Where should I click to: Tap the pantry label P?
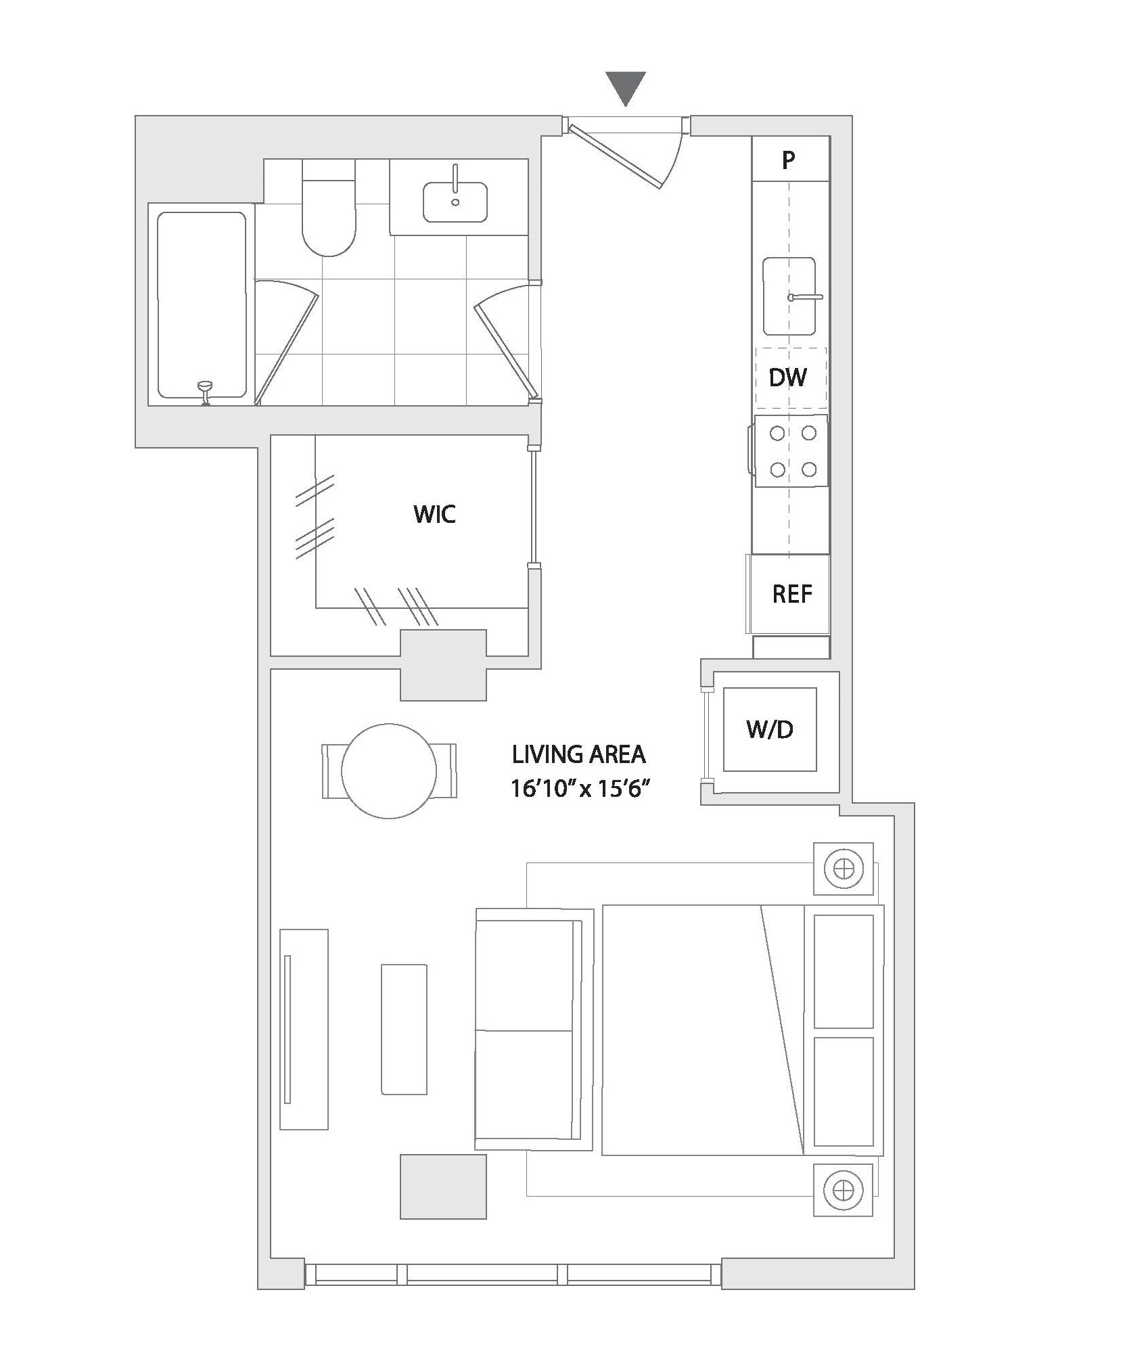pyautogui.click(x=788, y=160)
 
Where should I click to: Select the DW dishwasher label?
pyautogui.click(x=788, y=377)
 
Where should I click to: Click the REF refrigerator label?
pyautogui.click(x=792, y=594)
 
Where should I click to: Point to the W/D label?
pyautogui.click(x=770, y=729)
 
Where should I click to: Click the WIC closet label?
pyautogui.click(x=435, y=514)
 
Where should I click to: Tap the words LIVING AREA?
pyautogui.click(x=579, y=754)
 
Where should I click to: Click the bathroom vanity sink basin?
pyautogui.click(x=455, y=202)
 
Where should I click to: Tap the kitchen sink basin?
pyautogui.click(x=789, y=296)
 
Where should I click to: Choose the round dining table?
pyautogui.click(x=389, y=771)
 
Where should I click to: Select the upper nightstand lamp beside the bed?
pyautogui.click(x=844, y=868)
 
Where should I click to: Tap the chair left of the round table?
pyautogui.click(x=332, y=771)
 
